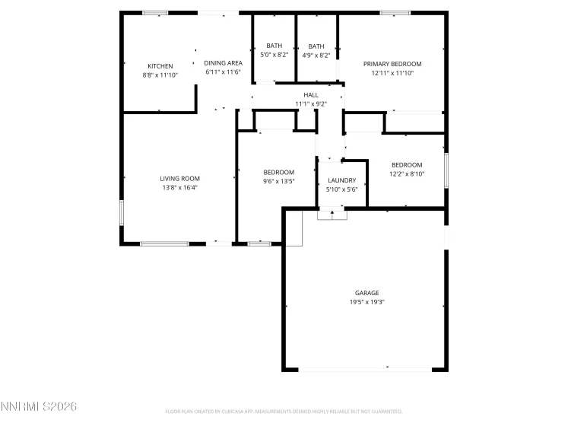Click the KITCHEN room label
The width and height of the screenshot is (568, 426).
click(x=160, y=66)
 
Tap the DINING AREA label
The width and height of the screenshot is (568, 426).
click(x=223, y=63)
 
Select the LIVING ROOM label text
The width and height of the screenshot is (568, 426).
click(x=179, y=178)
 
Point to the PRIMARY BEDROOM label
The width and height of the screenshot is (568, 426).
click(x=392, y=64)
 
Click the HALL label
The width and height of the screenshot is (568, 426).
click(x=310, y=94)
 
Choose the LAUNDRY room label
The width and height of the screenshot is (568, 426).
click(x=341, y=180)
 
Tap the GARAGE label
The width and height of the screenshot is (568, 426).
click(x=367, y=293)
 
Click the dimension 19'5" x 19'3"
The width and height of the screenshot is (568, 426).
click(x=367, y=302)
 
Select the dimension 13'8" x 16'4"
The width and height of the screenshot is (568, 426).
click(x=179, y=187)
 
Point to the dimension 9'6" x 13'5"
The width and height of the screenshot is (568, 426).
click(x=278, y=182)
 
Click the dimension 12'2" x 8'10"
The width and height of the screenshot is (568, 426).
click(x=407, y=174)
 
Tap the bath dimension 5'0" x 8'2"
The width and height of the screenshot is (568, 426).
click(x=274, y=55)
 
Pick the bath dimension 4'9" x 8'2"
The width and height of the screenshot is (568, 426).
click(x=316, y=55)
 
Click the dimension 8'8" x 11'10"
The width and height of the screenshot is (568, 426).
click(x=160, y=75)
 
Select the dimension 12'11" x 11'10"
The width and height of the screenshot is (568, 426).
click(x=392, y=73)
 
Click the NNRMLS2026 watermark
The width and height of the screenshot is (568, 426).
click(x=39, y=408)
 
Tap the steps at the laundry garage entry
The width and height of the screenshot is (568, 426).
click(x=332, y=215)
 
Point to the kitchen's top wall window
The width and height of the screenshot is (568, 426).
click(x=156, y=12)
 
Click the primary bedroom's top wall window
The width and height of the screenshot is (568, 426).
click(x=395, y=12)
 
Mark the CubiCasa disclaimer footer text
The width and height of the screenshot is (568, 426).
click(x=284, y=411)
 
